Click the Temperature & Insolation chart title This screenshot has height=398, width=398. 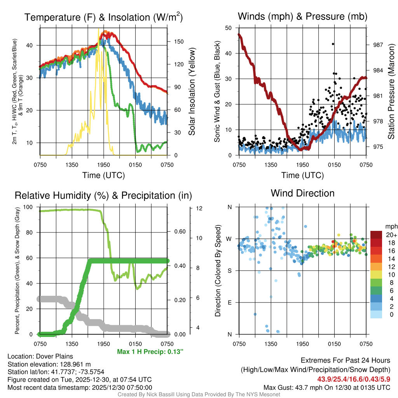pyautogui.click(x=103, y=17)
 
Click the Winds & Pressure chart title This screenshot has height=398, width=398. pyautogui.click(x=302, y=16)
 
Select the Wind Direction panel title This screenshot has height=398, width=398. pyautogui.click(x=302, y=193)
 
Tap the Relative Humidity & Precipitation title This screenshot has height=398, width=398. pyautogui.click(x=103, y=196)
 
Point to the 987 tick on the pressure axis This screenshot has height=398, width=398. pyautogui.click(x=378, y=45)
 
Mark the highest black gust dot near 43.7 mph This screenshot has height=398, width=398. pyautogui.click(x=333, y=44)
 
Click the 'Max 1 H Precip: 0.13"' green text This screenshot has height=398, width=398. pyautogui.click(x=150, y=351)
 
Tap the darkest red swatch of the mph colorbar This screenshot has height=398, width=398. pyautogui.click(x=376, y=235)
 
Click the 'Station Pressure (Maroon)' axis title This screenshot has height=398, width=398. pyautogui.click(x=391, y=91)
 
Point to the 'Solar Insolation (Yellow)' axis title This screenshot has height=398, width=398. pyautogui.click(x=192, y=91)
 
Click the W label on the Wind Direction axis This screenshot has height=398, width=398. pyautogui.click(x=230, y=239)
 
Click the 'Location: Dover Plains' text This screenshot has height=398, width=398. pyautogui.click(x=40, y=356)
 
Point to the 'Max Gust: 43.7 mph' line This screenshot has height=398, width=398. pyautogui.click(x=326, y=387)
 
